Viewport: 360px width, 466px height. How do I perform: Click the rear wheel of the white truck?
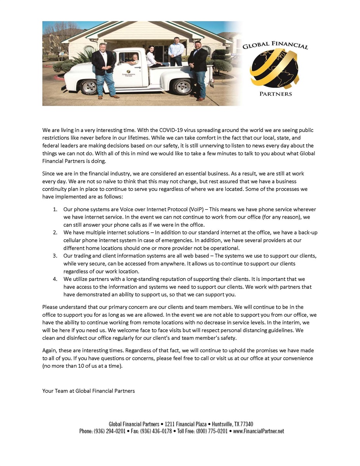pos(182,85)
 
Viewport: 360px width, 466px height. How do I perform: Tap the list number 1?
pos(55,209)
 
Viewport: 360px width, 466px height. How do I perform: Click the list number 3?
pos(55,256)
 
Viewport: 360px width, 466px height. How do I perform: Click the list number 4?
pos(55,279)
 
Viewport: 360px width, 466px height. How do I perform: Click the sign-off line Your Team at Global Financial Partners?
pos(88,391)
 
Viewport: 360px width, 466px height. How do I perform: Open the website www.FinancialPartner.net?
pos(258,431)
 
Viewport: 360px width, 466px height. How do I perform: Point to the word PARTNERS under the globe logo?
pos(275,94)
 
